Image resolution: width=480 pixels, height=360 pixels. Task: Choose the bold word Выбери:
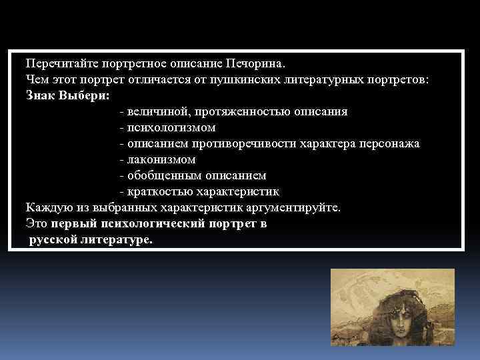click(83, 95)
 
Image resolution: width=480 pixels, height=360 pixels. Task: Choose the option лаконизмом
click(161, 159)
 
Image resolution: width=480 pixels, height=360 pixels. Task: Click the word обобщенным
click(159, 175)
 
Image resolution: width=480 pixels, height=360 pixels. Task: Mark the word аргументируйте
click(296, 207)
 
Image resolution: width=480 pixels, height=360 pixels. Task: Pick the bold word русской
click(51, 239)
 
